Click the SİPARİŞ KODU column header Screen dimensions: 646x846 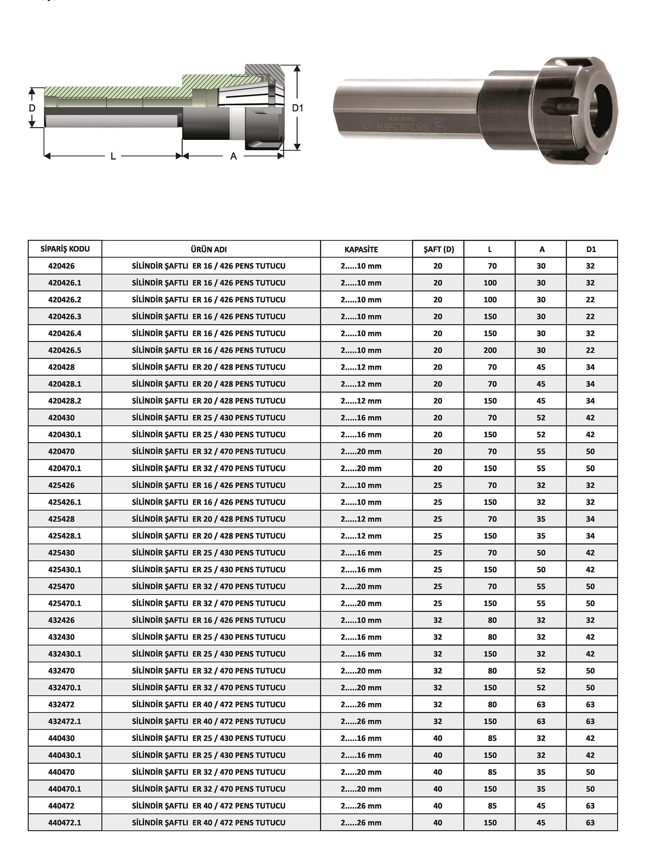click(x=65, y=249)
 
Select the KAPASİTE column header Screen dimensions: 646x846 click(x=361, y=249)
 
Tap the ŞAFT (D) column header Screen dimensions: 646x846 click(x=439, y=249)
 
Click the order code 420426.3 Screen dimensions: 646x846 click(x=65, y=316)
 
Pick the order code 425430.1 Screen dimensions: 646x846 click(x=65, y=569)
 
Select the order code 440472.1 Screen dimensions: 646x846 click(x=65, y=823)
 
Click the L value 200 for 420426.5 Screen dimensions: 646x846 click(x=490, y=350)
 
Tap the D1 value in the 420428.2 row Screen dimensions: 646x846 click(x=590, y=400)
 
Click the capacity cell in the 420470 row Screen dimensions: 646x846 click(x=361, y=451)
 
